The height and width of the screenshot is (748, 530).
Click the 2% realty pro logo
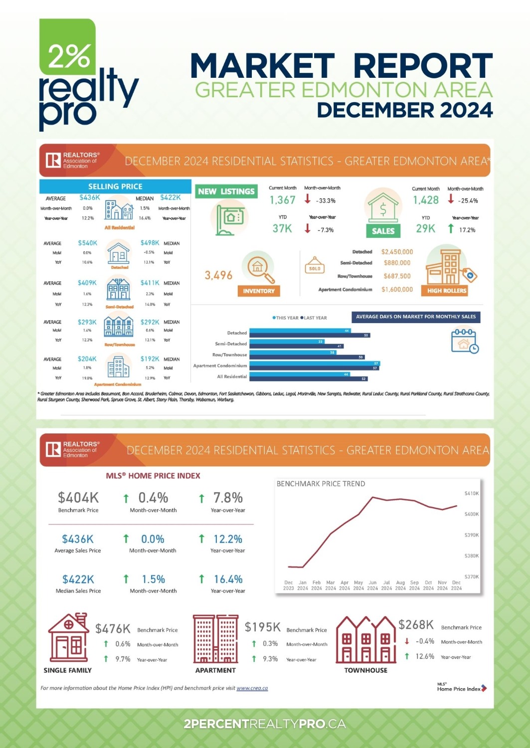[85, 75]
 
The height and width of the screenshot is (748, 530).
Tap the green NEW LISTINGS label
[226, 191]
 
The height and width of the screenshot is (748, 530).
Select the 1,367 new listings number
[283, 200]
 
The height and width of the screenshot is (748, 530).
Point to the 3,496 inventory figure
[218, 275]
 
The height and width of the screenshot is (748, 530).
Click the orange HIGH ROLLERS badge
[447, 290]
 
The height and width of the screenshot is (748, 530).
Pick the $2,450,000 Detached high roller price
[397, 252]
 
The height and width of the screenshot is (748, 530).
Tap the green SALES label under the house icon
[383, 231]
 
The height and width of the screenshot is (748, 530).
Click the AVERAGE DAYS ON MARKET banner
[416, 317]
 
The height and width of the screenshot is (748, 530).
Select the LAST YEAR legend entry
[314, 318]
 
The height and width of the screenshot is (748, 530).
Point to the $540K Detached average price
[88, 243]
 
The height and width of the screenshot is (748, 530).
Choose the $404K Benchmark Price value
[78, 498]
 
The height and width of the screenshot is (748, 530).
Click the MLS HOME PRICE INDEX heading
[153, 476]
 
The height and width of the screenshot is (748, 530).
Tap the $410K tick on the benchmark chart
[471, 493]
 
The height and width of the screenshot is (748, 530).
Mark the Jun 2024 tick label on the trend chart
[372, 585]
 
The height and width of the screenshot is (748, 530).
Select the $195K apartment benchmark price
[262, 627]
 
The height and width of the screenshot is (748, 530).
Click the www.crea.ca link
[252, 688]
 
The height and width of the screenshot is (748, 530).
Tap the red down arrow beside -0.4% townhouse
[407, 641]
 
